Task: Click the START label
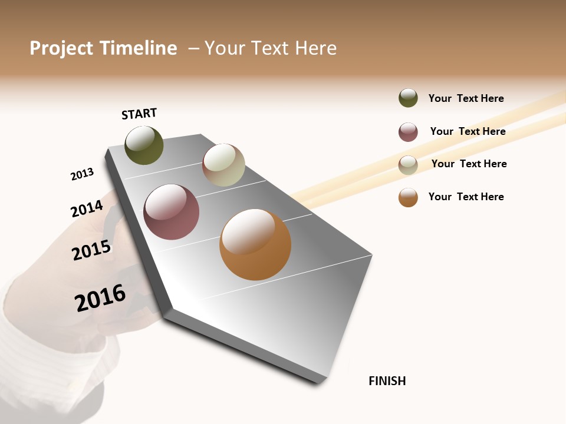pos(139,114)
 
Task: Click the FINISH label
pos(387,381)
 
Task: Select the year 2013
pos(82,174)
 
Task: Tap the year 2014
pos(87,208)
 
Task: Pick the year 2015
pos(91,250)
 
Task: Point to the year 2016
pos(100,298)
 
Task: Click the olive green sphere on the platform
pos(144,145)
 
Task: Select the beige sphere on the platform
pos(223,165)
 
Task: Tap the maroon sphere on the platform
pos(171,212)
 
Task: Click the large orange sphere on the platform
pos(255,244)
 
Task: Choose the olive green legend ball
pos(408,98)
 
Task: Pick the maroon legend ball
pos(408,132)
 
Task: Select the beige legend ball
pos(408,165)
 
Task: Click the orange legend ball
pos(408,197)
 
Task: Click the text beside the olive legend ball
pos(466,98)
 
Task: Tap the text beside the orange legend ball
pos(466,197)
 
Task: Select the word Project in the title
pos(61,48)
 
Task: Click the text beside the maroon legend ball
pos(468,131)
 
